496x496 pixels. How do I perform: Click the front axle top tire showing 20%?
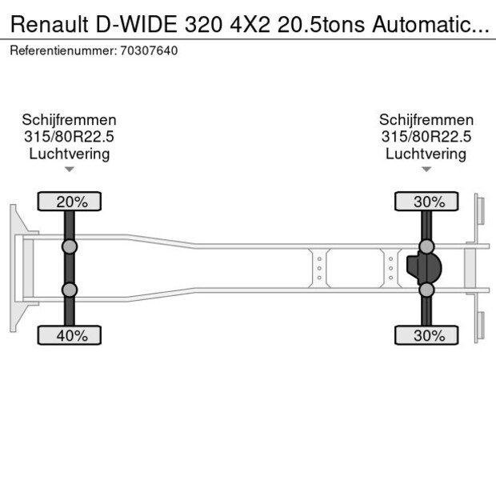70,202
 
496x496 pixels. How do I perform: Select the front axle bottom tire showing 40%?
70,335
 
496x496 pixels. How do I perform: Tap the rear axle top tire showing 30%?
426,202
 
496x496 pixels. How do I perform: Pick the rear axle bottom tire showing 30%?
426,335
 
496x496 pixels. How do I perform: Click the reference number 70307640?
149,50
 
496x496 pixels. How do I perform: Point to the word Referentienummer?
63,50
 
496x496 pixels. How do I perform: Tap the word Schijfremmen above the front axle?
70,120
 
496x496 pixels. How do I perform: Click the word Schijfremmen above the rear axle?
426,120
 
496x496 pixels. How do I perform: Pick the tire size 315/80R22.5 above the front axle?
70,137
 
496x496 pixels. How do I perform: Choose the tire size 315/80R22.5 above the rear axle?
426,137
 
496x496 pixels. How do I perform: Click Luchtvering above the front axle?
70,154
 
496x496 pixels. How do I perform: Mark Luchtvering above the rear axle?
426,154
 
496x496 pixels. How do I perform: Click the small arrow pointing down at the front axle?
70,170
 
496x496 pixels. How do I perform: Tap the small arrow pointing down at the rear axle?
426,170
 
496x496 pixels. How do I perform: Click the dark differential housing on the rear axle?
425,269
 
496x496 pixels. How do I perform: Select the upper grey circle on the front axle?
70,246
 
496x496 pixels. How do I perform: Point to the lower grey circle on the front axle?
70,290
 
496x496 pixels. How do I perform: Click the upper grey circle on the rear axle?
426,246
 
